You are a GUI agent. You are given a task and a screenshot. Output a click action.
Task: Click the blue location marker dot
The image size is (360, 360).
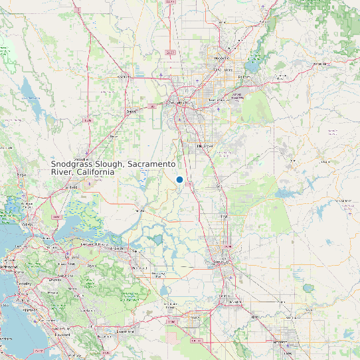[x=179, y=179]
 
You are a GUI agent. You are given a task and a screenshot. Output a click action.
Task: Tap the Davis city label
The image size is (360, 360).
[x=131, y=112]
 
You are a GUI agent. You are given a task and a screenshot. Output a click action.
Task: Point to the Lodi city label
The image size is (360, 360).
[x=224, y=217]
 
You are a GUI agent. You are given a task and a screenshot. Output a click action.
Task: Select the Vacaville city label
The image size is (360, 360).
[x=82, y=160]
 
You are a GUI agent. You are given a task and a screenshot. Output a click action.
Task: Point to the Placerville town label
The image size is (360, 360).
[x=322, y=64]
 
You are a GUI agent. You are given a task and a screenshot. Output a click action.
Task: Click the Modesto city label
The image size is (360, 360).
[x=287, y=346]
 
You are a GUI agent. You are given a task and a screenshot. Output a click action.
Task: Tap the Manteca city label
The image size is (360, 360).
[x=233, y=302]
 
